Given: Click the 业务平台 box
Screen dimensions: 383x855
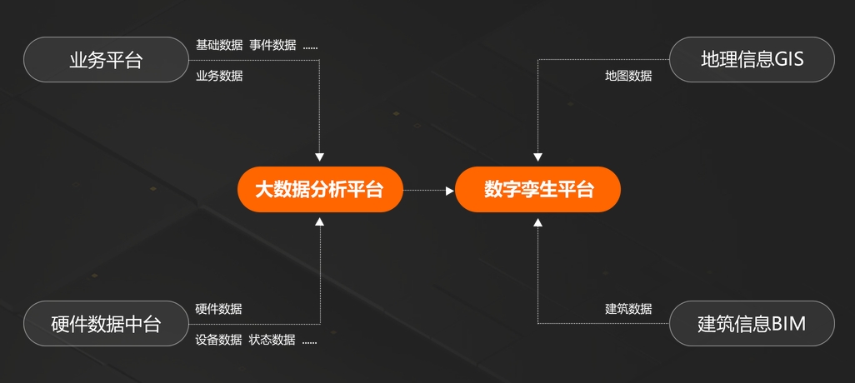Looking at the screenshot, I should tap(106, 60).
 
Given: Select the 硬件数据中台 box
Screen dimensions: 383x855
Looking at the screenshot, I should tap(106, 323).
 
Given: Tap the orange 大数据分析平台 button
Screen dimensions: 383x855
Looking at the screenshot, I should tap(319, 190).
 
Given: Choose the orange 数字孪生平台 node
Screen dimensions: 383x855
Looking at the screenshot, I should tap(538, 190).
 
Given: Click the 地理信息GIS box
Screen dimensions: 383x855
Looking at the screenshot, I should tap(752, 60).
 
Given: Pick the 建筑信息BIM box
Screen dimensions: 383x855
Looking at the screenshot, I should tap(752, 323).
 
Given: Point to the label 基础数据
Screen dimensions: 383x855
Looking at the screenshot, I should tap(219, 45).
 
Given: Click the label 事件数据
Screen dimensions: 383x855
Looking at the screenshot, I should tap(272, 45).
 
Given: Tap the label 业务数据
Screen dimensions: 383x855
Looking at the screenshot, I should tap(219, 76).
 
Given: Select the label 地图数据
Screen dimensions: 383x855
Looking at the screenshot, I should tap(628, 76).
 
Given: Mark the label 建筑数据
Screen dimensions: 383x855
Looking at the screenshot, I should tap(628, 309).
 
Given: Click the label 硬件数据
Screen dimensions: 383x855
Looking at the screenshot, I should tap(219, 309).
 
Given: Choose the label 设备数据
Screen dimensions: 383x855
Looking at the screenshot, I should tap(219, 340).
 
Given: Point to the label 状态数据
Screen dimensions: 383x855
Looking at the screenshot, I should tap(272, 340).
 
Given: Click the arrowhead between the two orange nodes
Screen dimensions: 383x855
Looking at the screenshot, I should tap(450, 191).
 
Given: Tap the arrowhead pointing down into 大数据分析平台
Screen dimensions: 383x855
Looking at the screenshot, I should tap(320, 157).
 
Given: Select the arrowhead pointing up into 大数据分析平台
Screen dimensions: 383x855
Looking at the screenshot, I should tap(320, 222).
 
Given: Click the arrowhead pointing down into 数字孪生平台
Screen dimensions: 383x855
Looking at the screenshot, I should tap(538, 157).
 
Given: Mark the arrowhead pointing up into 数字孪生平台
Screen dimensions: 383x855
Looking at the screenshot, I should tap(538, 222).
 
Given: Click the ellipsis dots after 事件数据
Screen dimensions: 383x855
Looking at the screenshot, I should tap(310, 47).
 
